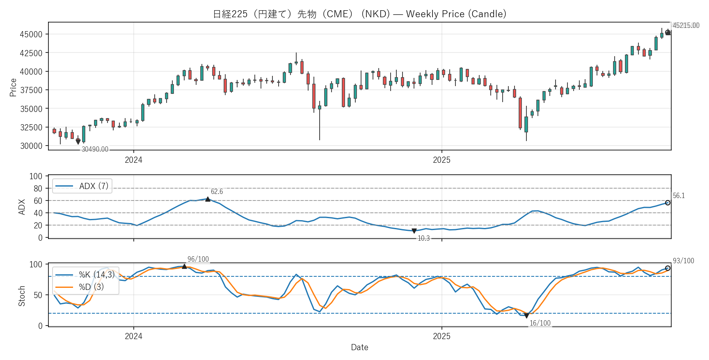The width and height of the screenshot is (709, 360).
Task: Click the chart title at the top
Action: pos(359,14)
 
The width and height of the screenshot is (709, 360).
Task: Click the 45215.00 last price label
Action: pos(686,25)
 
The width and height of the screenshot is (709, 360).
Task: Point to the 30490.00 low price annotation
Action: pos(95,149)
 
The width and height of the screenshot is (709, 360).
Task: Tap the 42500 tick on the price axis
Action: pos(31,53)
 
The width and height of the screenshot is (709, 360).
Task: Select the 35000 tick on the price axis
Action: pos(31,109)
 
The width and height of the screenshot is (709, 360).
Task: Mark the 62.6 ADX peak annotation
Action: pos(217,191)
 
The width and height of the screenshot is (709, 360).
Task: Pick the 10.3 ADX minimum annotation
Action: pos(423,238)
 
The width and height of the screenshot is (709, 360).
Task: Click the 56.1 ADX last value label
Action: pos(679,196)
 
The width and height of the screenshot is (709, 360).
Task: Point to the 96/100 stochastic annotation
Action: pos(198,259)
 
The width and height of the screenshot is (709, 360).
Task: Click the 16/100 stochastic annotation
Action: pos(540,323)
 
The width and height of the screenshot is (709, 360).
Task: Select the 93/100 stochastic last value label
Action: pos(683,261)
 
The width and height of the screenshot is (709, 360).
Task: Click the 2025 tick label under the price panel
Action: pos(441,160)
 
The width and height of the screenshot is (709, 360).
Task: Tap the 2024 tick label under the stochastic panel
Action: pos(133,336)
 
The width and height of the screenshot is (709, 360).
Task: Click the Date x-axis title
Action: pos(359,347)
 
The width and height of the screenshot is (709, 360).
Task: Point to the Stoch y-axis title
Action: pos(22,296)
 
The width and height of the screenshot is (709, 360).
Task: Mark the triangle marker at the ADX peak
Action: pos(208,199)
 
